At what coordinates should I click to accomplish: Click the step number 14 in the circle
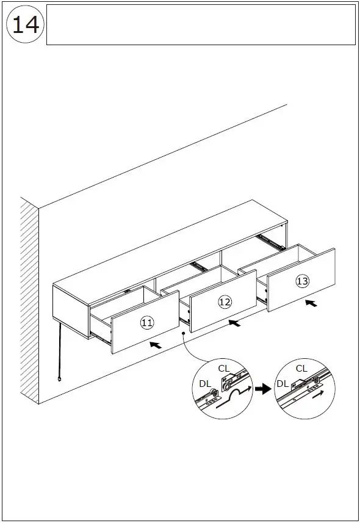coord(26,25)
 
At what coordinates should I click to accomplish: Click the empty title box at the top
coord(201,25)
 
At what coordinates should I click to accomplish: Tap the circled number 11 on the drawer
coord(147,323)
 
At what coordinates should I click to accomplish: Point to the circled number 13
coord(302,281)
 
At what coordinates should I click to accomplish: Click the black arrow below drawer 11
coord(156,345)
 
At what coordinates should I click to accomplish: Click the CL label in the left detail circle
coord(224,368)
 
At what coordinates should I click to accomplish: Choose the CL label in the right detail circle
coord(301,368)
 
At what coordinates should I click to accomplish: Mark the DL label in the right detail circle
coord(283,384)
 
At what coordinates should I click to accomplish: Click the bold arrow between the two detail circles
coord(263,389)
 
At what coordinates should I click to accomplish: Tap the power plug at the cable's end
coord(59,380)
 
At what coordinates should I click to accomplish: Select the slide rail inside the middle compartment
coord(198,265)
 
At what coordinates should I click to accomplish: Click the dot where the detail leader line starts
coord(182,333)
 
